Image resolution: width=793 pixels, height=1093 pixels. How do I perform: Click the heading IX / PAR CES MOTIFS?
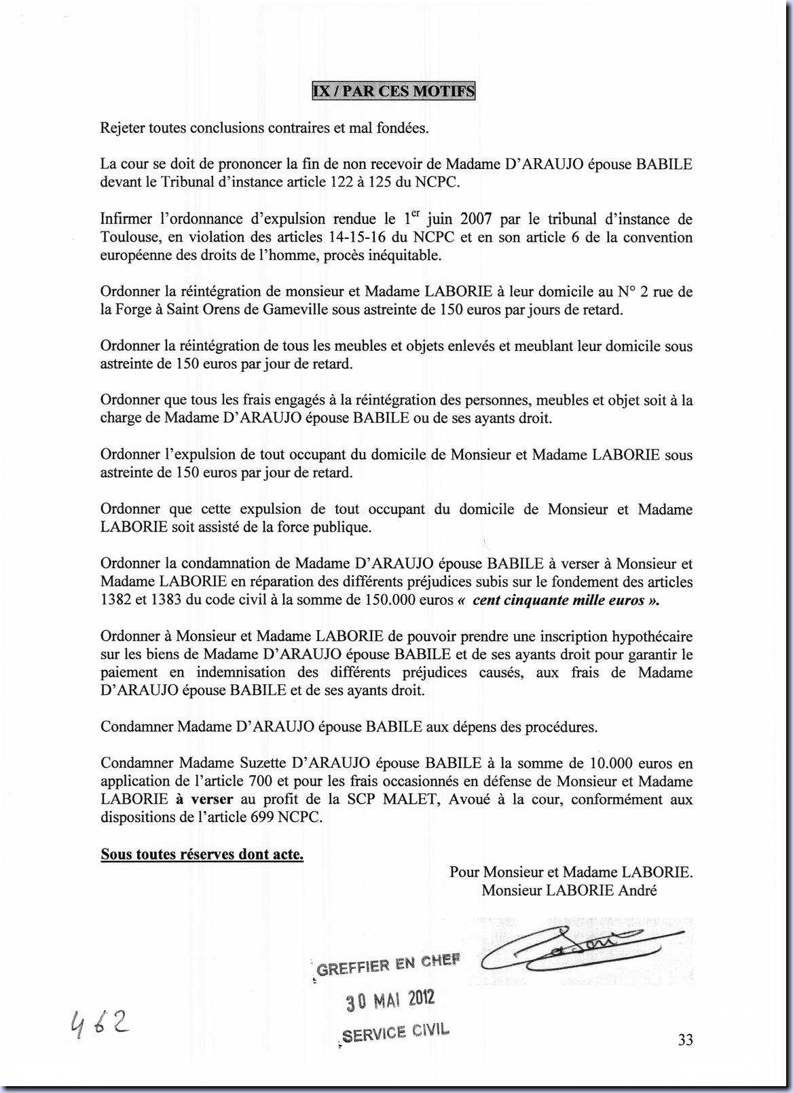point(394,91)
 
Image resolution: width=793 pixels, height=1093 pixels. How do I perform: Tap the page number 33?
point(685,1039)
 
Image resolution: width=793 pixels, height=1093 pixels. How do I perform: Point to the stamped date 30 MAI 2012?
point(390,999)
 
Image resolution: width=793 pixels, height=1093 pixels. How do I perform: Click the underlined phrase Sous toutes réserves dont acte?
point(202,854)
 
